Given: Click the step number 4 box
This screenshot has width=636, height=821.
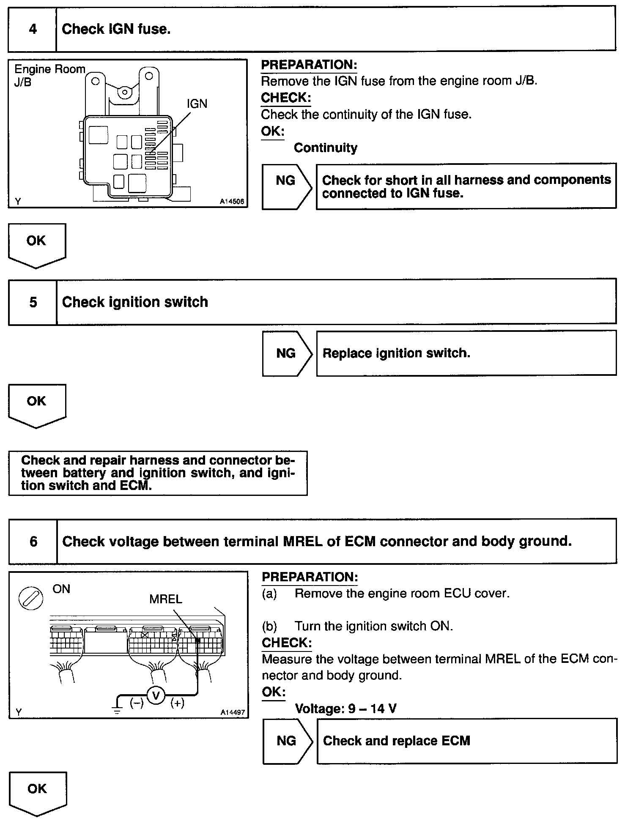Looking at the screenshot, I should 33,29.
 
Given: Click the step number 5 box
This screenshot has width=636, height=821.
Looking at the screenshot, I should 33,302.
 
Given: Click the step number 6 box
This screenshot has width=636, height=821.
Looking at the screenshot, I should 33,542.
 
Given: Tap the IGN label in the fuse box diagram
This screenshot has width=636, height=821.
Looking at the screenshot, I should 197,104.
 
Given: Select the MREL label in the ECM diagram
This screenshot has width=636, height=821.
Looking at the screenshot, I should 166,599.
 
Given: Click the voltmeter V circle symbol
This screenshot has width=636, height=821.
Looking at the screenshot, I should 156,695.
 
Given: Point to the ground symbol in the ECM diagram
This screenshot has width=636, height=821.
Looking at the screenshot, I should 117,709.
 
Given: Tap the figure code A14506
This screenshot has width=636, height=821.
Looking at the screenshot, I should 232,202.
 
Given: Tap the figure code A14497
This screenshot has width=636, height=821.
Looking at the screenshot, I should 233,712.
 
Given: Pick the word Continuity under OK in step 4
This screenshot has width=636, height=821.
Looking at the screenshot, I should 325,148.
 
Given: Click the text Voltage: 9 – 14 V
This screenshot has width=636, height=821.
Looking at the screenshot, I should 345,709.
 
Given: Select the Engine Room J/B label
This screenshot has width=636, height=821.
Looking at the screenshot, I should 49,75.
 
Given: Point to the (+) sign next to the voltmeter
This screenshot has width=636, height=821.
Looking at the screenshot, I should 177,703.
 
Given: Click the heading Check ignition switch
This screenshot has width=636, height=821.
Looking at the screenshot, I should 135,302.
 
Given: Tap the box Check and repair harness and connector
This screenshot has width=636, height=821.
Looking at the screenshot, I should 158,473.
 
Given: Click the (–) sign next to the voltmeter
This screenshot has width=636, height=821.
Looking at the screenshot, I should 137,703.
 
